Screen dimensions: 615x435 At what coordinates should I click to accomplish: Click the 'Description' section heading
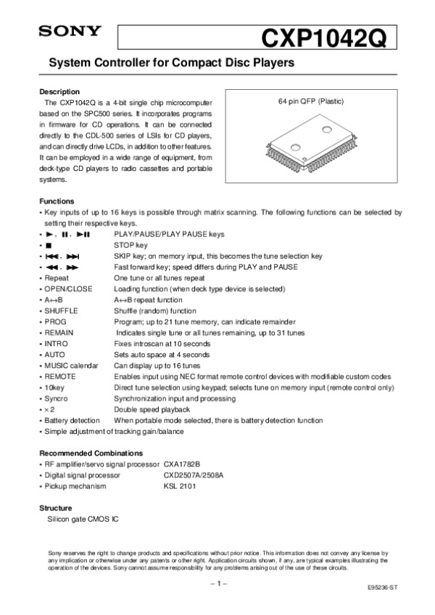tap(59, 91)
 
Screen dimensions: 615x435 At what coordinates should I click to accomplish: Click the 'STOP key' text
tap(130, 246)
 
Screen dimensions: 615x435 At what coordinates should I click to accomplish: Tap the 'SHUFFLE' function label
tap(61, 310)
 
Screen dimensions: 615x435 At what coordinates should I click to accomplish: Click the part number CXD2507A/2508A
tap(194, 474)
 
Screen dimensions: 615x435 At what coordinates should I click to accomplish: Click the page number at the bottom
tap(218, 582)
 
